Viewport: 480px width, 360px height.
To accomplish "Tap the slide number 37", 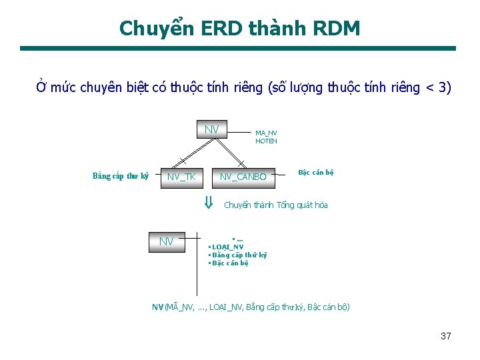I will [x=446, y=336].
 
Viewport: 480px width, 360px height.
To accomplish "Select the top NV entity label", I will [x=212, y=129].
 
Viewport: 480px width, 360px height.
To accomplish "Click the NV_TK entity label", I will [x=181, y=177].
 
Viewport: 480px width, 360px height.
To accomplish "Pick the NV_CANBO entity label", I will [x=243, y=177].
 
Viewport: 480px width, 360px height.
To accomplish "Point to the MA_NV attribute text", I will [x=266, y=133].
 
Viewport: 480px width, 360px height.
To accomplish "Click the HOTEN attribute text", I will [x=266, y=141].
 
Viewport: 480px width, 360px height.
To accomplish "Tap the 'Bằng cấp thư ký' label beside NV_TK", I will [x=120, y=176].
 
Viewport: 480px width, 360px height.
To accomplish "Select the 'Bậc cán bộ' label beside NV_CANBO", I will [x=316, y=173].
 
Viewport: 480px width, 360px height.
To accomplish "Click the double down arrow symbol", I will [x=208, y=203].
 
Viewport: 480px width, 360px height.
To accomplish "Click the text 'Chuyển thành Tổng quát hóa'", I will [x=276, y=205].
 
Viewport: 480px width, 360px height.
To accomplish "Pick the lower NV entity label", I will [x=166, y=241].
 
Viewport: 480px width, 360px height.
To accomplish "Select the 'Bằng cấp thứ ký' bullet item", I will [x=239, y=255].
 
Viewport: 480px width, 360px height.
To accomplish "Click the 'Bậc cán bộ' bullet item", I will [x=230, y=263].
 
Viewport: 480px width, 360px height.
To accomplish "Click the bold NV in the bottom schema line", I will [x=157, y=307].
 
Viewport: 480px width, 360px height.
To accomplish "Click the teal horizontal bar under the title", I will [x=238, y=48].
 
